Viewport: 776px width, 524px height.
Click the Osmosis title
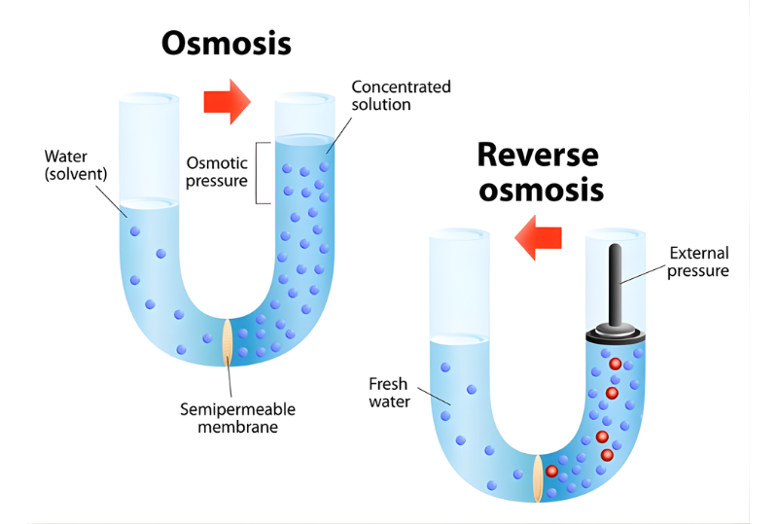[x=227, y=43]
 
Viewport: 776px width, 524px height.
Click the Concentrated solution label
[x=401, y=95]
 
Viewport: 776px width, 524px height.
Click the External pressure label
[x=698, y=262]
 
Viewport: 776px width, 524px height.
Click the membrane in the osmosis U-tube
[x=228, y=340]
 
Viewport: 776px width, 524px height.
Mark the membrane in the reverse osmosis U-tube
[x=538, y=477]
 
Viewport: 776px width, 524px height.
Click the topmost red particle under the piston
[x=615, y=364]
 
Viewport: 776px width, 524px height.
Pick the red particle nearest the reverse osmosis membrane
[x=552, y=472]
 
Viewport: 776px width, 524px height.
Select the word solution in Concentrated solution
[x=382, y=104]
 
